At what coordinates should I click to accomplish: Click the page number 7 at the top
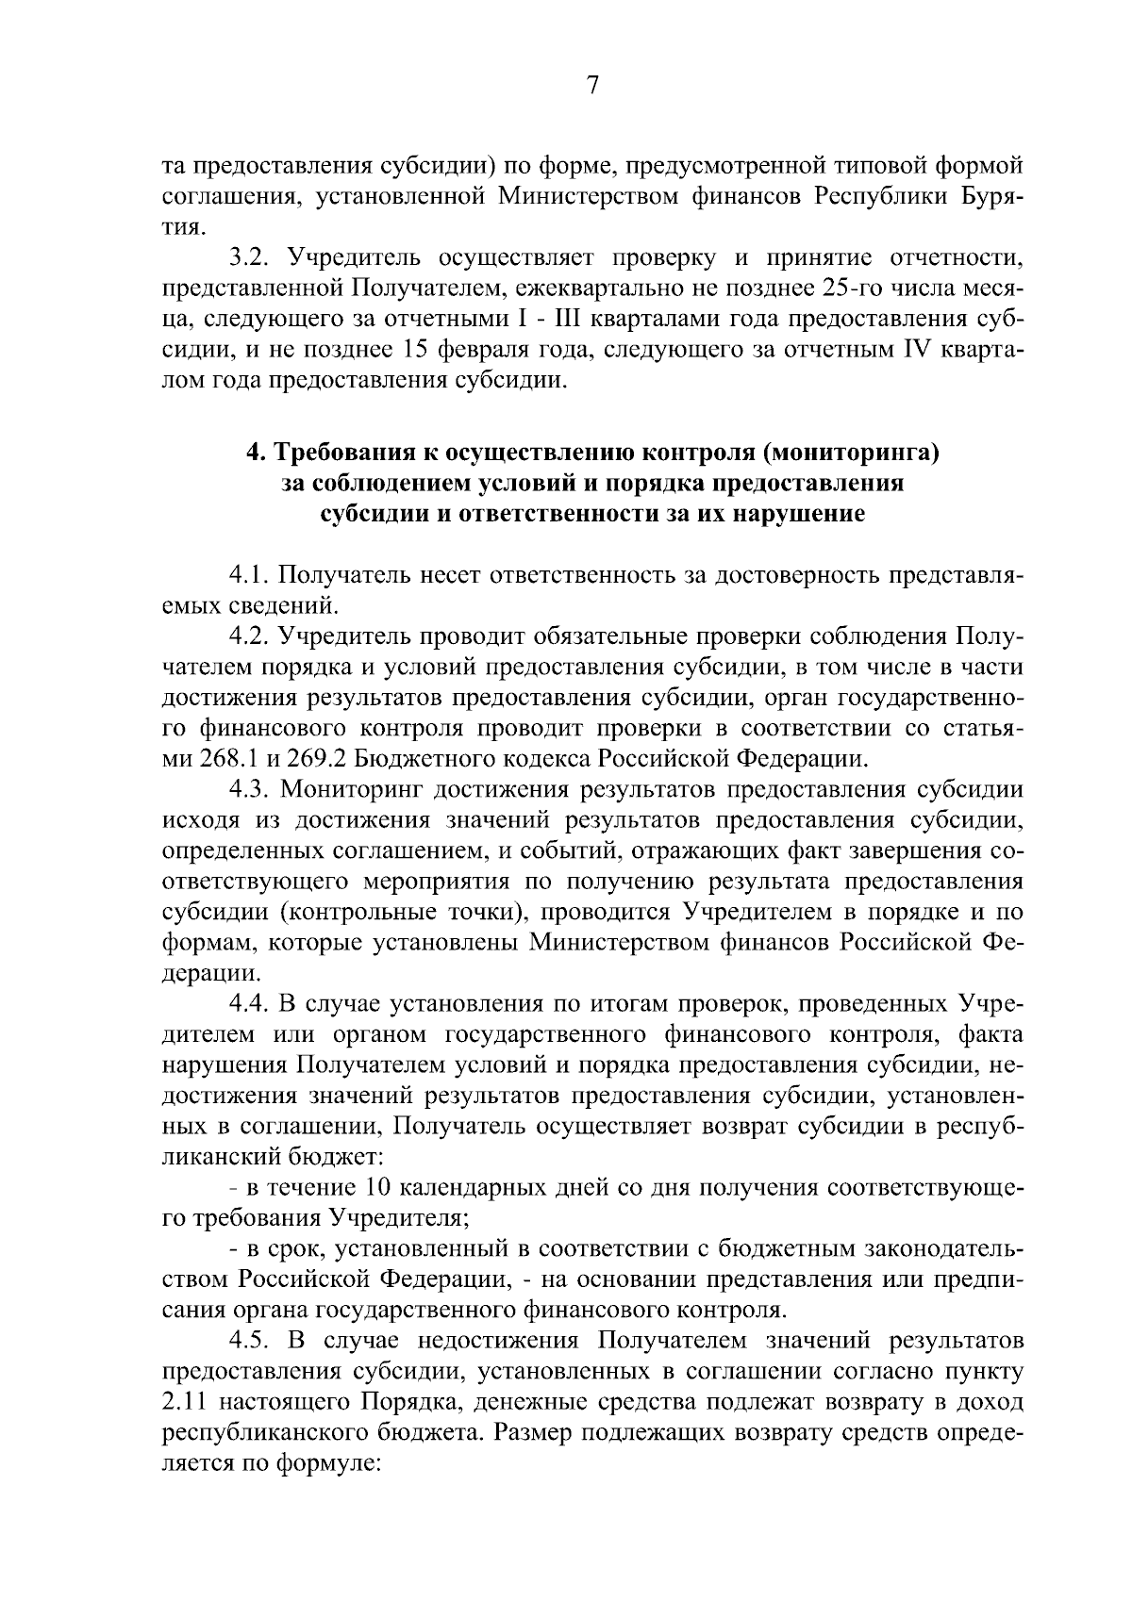(x=592, y=86)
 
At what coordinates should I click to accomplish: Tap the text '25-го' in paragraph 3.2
(x=832, y=288)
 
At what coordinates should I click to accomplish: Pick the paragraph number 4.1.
(x=248, y=573)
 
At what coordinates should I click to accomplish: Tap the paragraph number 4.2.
(x=248, y=635)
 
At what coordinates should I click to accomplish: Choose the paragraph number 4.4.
(x=248, y=1003)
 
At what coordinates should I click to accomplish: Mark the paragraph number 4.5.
(x=248, y=1341)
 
